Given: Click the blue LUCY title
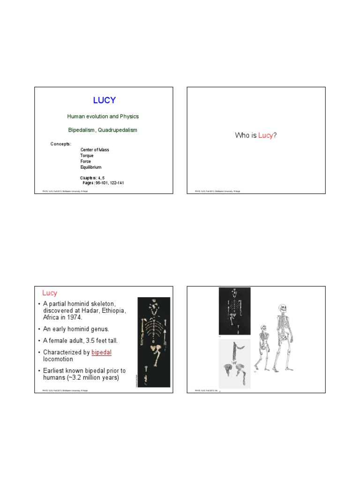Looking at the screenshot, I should (x=104, y=100).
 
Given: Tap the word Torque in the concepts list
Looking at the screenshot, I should (x=87, y=156).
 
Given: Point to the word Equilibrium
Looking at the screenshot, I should (x=90, y=167).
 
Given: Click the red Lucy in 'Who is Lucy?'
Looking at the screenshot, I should (x=265, y=135).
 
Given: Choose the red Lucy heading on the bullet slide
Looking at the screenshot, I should (x=50, y=293).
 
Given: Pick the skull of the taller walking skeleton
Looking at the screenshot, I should (x=282, y=308).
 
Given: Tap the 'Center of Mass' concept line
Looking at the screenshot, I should (x=95, y=150).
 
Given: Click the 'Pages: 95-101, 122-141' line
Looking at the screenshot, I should (x=103, y=182).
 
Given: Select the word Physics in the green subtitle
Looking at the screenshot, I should (x=129, y=116).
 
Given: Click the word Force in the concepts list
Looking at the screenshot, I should (x=86, y=161).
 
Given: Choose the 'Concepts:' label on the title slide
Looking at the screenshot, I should (x=61, y=143).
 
